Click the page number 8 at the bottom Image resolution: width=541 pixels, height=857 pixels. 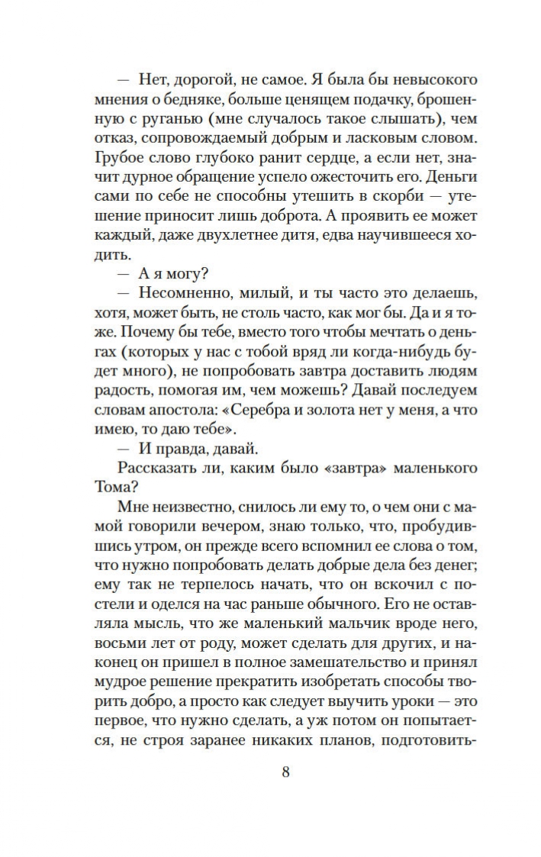pyautogui.click(x=286, y=771)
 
